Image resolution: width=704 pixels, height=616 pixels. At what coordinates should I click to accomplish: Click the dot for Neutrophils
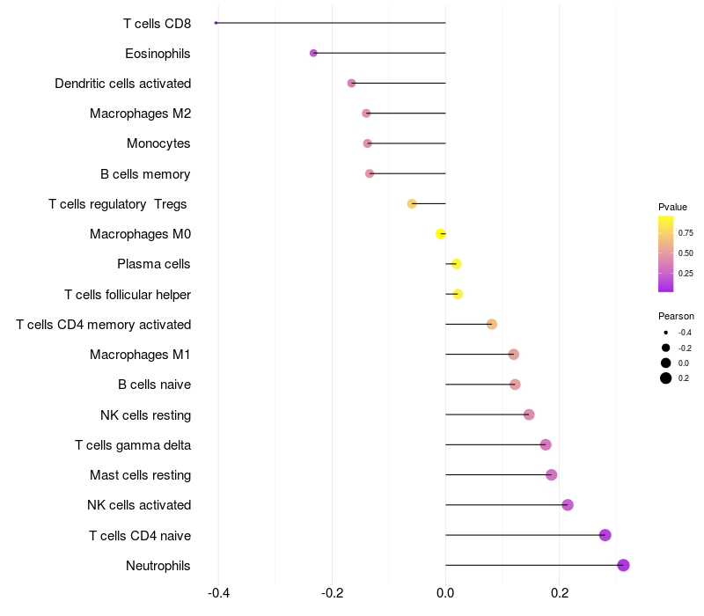(623, 565)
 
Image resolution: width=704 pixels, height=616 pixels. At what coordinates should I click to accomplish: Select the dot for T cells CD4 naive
(605, 535)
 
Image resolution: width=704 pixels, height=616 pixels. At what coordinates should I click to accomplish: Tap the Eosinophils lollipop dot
(313, 53)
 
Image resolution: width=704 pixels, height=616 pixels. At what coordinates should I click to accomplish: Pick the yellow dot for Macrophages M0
(441, 233)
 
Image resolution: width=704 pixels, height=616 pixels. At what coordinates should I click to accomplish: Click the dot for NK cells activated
(568, 505)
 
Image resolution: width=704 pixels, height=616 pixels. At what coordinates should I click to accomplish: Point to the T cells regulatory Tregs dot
(412, 203)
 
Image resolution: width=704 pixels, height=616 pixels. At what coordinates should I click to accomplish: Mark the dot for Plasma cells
(456, 264)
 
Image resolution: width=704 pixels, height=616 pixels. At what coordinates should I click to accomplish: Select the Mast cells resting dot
(552, 475)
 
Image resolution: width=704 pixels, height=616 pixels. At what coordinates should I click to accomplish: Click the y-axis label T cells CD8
(157, 24)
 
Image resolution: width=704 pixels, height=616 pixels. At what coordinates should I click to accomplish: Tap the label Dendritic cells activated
(122, 84)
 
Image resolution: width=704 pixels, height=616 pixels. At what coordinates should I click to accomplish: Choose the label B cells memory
(145, 174)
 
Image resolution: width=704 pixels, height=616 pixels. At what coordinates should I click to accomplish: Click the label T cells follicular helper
(128, 294)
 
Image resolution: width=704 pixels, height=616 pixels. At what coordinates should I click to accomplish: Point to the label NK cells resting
(145, 414)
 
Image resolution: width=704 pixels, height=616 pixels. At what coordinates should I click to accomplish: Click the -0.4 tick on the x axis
(219, 593)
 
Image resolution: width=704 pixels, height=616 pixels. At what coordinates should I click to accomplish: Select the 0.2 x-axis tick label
(560, 593)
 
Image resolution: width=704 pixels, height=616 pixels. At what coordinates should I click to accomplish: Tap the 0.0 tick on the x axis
(445, 593)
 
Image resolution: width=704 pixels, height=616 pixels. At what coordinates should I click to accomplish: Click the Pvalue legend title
(672, 207)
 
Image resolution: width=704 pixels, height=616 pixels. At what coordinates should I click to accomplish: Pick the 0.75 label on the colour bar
(685, 233)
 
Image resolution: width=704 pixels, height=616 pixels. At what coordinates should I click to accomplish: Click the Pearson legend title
(676, 316)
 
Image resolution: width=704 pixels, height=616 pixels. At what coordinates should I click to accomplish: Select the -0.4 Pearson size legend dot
(666, 333)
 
